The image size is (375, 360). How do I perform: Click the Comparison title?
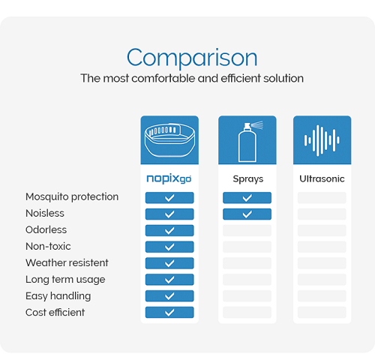(192, 58)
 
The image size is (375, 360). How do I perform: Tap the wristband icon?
(169, 140)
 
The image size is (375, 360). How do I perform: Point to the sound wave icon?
(322, 140)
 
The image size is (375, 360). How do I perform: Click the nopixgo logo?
(169, 179)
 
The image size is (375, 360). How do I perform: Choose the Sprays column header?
(248, 179)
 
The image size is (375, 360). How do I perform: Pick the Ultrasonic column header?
(322, 178)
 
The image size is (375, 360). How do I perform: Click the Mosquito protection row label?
(72, 196)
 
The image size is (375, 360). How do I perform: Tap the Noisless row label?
(45, 213)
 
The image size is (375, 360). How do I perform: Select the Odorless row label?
(46, 229)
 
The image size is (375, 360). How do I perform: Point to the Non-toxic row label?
(48, 246)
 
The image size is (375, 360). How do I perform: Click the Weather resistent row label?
(67, 262)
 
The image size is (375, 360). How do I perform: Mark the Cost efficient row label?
(55, 312)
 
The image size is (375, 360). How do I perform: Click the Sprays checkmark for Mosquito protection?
(247, 198)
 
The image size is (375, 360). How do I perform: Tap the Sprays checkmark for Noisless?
(247, 214)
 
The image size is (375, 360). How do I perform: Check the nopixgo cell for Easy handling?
(169, 296)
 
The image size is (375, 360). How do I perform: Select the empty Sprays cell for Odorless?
(247, 230)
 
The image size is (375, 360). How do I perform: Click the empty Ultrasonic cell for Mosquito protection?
(322, 198)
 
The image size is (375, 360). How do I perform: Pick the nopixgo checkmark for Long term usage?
(169, 280)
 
